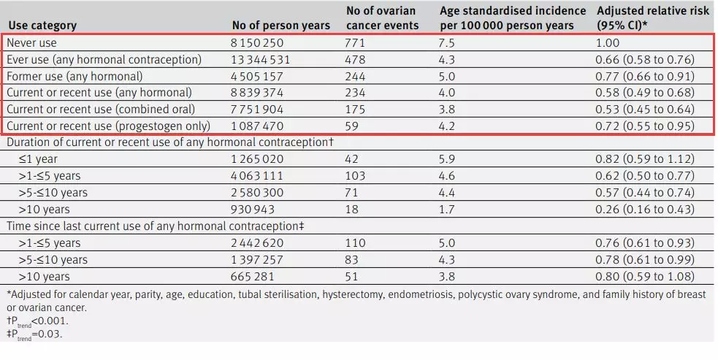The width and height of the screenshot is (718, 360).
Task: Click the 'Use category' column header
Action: pyautogui.click(x=42, y=26)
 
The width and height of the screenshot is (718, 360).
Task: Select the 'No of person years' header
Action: pyautogui.click(x=280, y=26)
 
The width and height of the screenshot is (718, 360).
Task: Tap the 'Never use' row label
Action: pyautogui.click(x=31, y=43)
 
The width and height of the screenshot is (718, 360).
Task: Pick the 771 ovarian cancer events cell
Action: pyautogui.click(x=356, y=43)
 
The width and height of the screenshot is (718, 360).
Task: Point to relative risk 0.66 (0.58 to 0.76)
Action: pyautogui.click(x=643, y=59)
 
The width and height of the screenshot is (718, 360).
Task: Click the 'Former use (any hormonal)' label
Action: pyautogui.click(x=75, y=76)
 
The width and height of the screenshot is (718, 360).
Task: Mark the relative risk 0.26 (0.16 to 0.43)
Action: pyautogui.click(x=643, y=210)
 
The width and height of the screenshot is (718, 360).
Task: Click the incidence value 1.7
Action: pyautogui.click(x=447, y=210)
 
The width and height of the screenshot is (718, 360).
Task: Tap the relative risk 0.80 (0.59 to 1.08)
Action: pyautogui.click(x=643, y=277)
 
